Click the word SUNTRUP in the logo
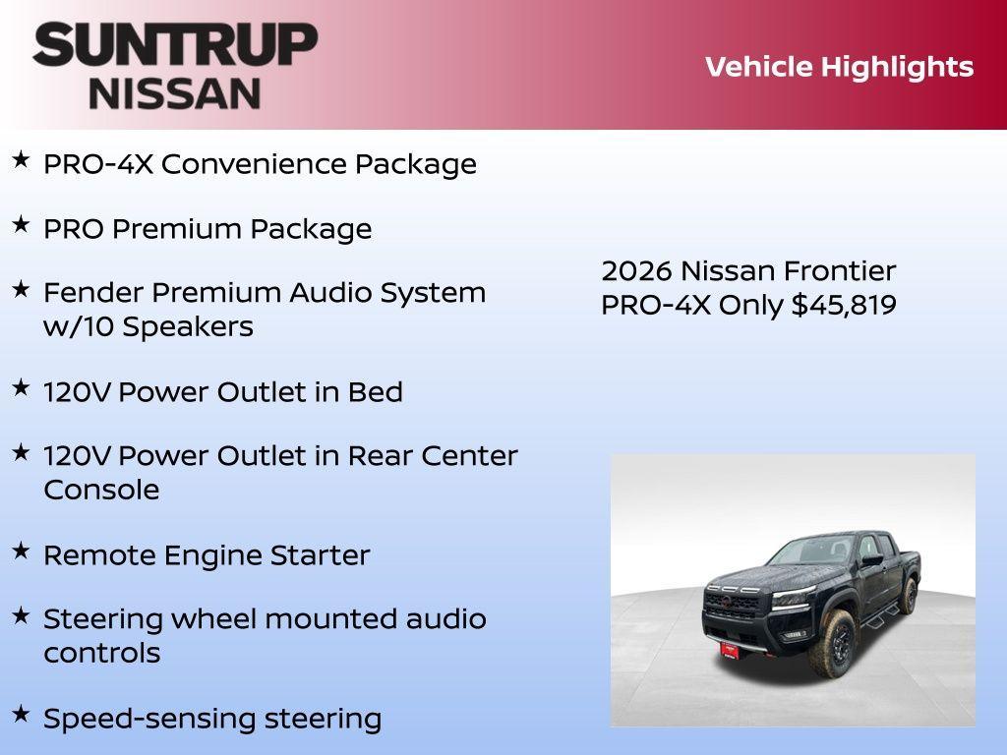[x=175, y=45]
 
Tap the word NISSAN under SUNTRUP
[x=175, y=92]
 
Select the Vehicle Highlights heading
[x=839, y=67]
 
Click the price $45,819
[x=844, y=305]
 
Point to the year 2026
[x=636, y=270]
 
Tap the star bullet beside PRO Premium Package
[x=21, y=224]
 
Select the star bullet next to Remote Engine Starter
[x=21, y=551]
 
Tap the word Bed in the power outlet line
[x=375, y=392]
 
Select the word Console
[x=101, y=490]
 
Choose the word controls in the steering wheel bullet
[x=102, y=653]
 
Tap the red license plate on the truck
[x=730, y=650]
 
